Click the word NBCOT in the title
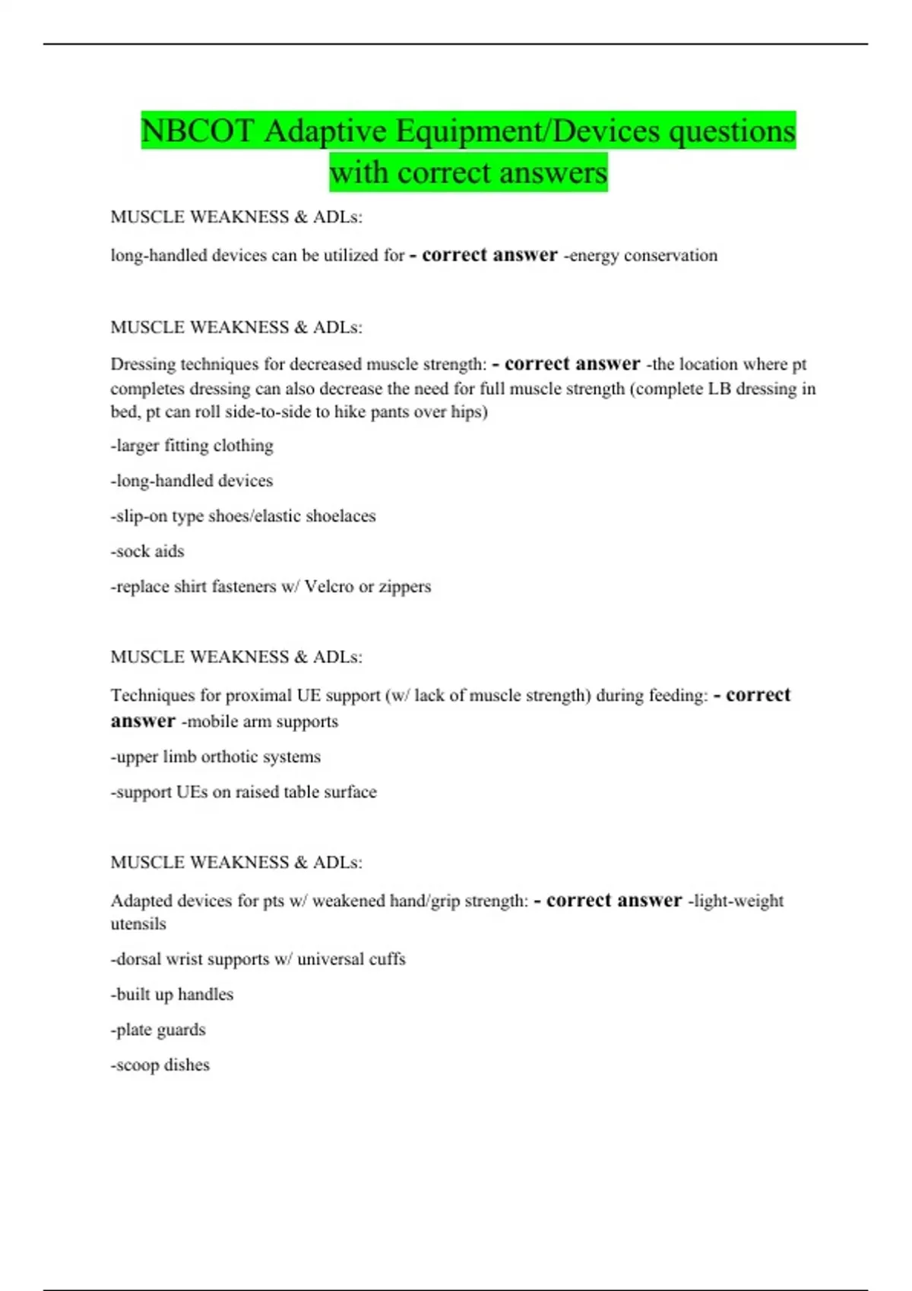coord(197,131)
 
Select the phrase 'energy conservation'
coord(643,256)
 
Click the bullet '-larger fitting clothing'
coord(192,446)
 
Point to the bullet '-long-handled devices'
coord(192,481)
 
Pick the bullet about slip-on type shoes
coord(243,516)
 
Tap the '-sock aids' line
coord(147,551)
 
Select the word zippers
coord(405,587)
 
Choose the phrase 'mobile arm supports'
coord(262,721)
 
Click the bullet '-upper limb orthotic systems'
coord(216,757)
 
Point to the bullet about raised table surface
coord(243,792)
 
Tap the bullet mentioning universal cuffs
coord(258,959)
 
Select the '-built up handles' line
coord(172,995)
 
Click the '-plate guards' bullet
coord(158,1030)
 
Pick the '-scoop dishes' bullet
coord(160,1065)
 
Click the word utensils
coord(138,924)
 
